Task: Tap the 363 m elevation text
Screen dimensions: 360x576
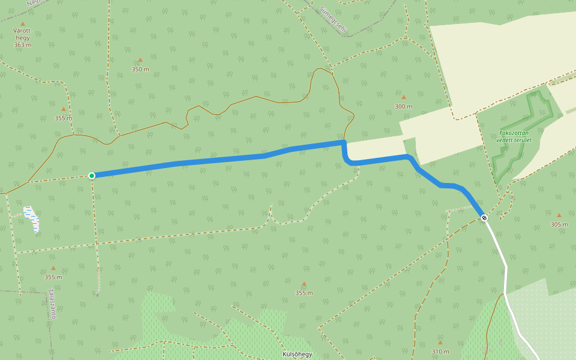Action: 22,45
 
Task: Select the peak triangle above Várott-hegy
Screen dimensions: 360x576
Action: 23,24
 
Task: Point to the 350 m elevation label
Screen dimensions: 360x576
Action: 140,69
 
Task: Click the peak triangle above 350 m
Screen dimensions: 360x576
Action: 140,60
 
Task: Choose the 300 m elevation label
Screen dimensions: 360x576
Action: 403,106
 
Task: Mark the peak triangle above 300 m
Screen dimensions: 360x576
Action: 403,97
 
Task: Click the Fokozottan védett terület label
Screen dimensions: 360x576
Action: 515,136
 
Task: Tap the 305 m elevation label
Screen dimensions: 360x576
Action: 559,225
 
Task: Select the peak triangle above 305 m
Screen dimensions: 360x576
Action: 559,215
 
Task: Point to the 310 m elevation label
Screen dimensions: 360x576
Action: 440,352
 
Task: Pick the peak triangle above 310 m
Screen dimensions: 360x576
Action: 440,343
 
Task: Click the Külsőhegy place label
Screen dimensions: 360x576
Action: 298,354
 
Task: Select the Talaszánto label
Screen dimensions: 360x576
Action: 52,304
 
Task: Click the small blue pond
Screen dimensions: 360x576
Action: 32,219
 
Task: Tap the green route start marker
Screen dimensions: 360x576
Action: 92,176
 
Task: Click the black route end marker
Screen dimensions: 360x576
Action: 484,218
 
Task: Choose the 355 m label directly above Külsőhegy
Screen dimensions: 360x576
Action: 304,293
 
